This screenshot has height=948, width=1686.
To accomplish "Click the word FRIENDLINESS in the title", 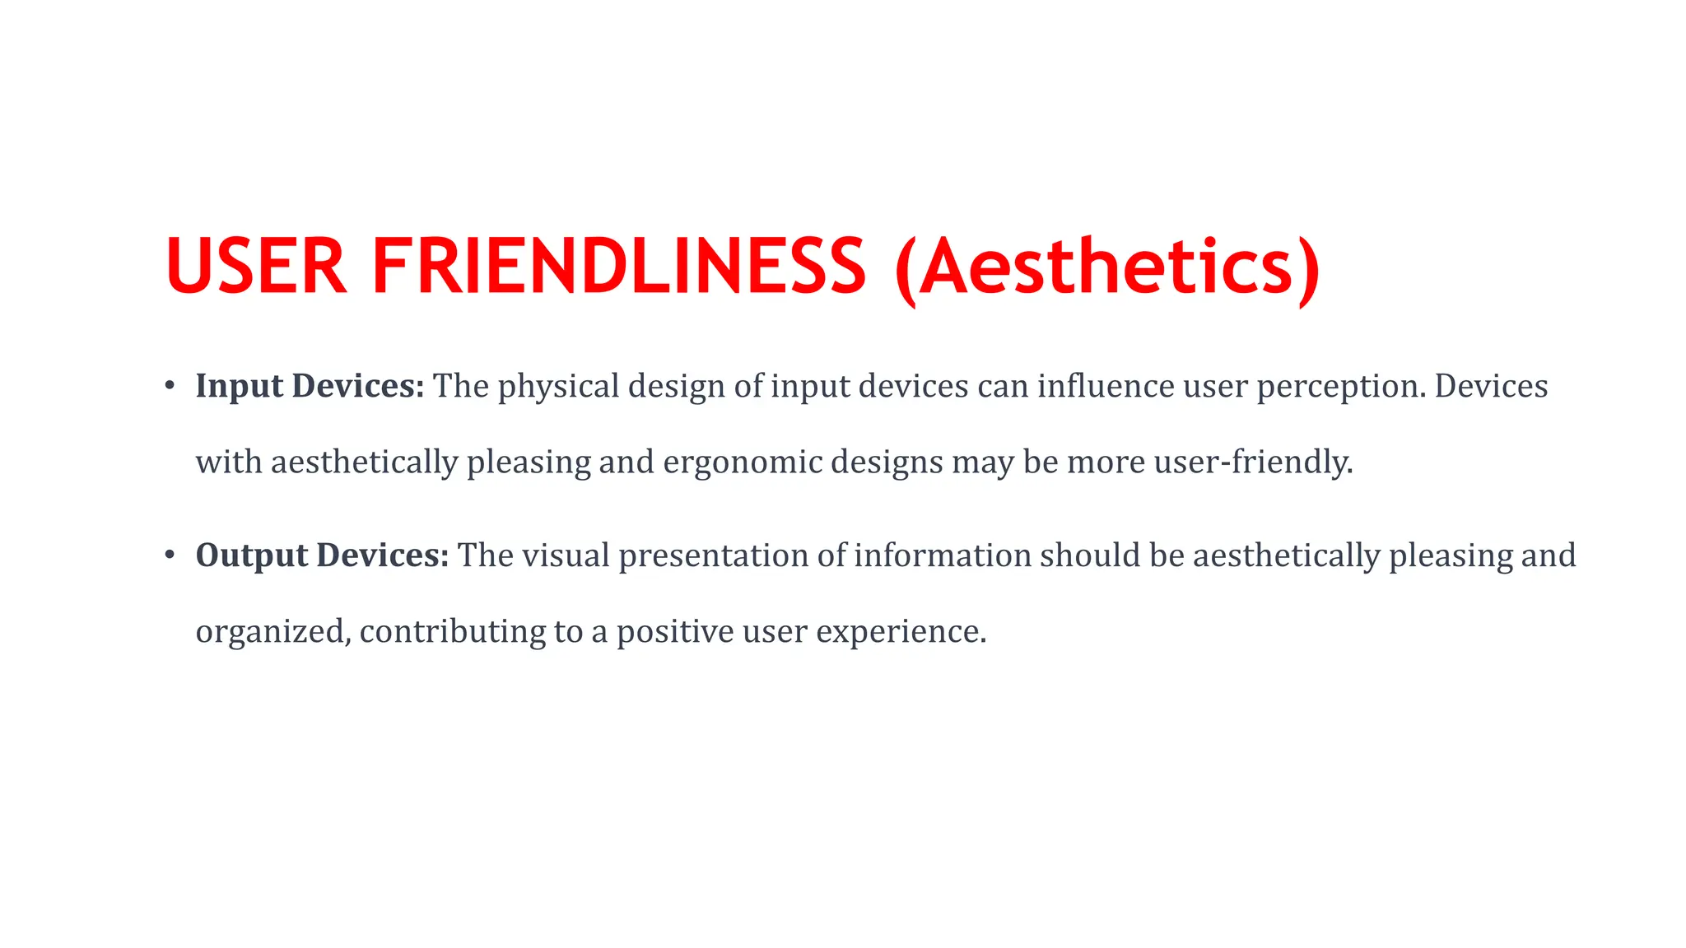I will pyautogui.click(x=618, y=266).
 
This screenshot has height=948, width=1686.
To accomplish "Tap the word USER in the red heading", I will pyautogui.click(x=256, y=266).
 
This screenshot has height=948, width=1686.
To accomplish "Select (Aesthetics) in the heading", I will pyautogui.click(x=1108, y=267).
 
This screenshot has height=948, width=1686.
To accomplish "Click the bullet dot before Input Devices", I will pyautogui.click(x=170, y=385).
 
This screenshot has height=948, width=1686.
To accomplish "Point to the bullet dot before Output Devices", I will pyautogui.click(x=170, y=555).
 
